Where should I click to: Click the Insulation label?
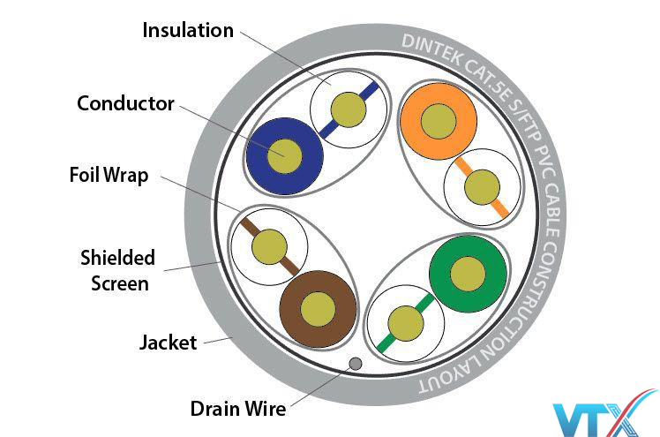click(x=188, y=30)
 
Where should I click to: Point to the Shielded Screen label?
click(x=117, y=270)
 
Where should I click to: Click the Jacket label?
click(x=168, y=343)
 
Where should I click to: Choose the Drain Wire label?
click(x=237, y=410)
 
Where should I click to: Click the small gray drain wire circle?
click(x=356, y=363)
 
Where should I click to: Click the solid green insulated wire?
click(x=468, y=274)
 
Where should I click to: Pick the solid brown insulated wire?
click(x=317, y=308)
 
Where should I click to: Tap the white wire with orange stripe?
click(x=482, y=187)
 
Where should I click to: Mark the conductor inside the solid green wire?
click(x=468, y=274)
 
